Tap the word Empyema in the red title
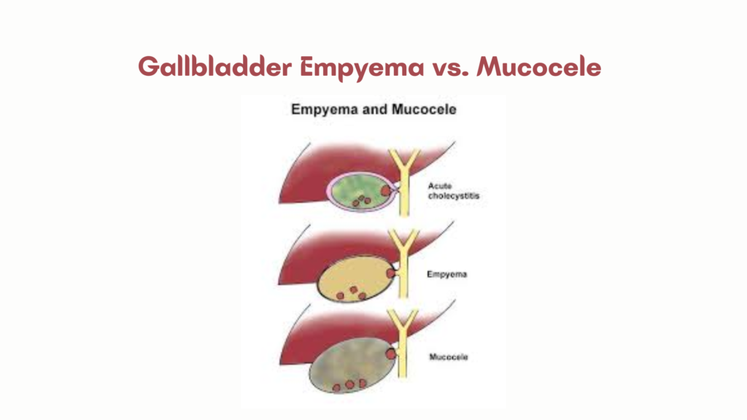pyautogui.click(x=360, y=67)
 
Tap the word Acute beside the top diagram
pyautogui.click(x=440, y=186)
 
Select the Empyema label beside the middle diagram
pyautogui.click(x=446, y=275)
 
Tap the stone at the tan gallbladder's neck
pyautogui.click(x=392, y=273)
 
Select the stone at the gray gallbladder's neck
pyautogui.click(x=391, y=353)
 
